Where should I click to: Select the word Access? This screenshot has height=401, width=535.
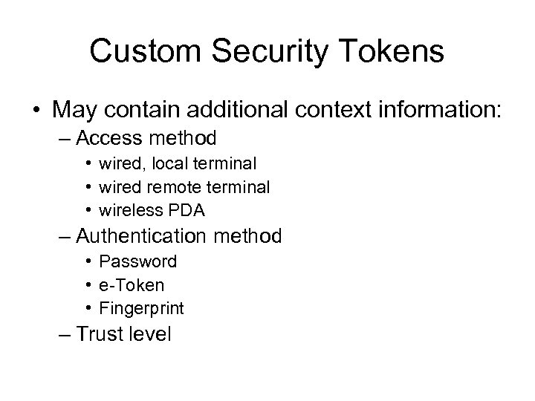coord(117,138)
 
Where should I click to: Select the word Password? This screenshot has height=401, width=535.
coord(138,261)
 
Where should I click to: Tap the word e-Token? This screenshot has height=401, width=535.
coord(132,284)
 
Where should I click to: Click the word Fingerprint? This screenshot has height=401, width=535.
coord(142,309)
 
